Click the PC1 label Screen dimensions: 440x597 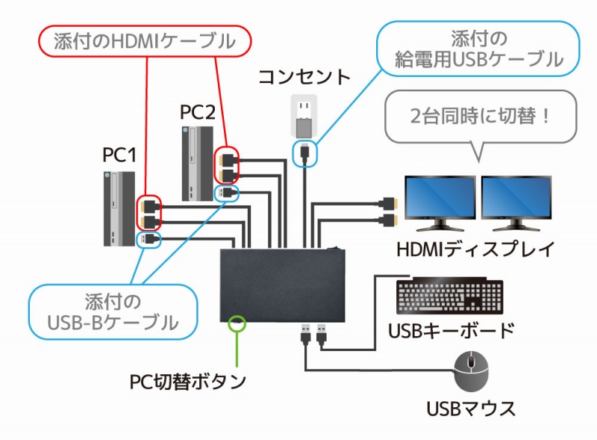119,155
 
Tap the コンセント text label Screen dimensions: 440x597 304,77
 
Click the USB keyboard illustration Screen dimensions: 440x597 450,297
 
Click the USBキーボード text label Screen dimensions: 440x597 451,330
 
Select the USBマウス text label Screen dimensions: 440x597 471,409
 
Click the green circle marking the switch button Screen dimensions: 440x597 237,323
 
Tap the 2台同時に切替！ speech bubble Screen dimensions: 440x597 478,118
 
